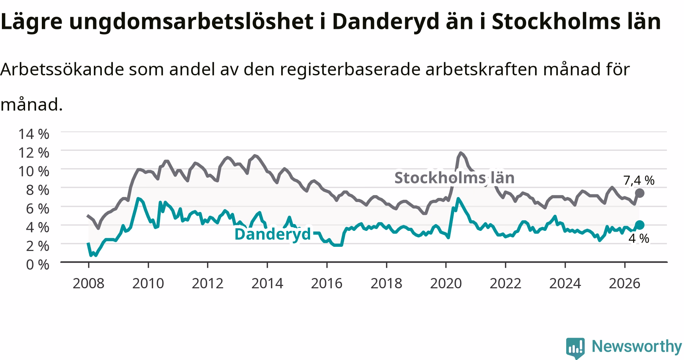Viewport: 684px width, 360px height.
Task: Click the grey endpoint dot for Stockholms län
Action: point(640,193)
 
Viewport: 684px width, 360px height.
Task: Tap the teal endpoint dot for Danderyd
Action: point(640,225)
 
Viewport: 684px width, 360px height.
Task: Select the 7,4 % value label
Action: point(639,181)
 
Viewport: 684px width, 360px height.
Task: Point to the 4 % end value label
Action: point(639,238)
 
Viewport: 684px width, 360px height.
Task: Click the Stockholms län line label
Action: point(454,178)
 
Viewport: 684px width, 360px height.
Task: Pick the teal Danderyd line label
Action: point(272,234)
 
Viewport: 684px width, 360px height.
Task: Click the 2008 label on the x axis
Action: point(89,283)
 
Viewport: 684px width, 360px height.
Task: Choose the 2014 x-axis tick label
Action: point(267,283)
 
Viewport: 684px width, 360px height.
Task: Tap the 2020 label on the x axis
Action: point(446,283)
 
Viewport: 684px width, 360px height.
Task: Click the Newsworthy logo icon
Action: point(575,347)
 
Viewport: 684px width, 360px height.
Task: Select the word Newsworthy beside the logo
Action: point(637,347)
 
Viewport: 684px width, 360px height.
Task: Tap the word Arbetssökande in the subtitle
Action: point(62,69)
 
